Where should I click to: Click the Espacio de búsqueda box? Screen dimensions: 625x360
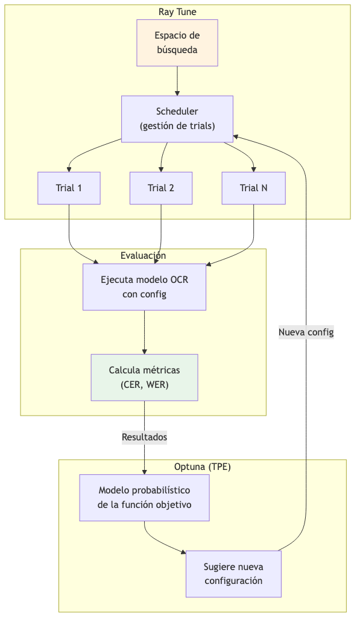click(177, 43)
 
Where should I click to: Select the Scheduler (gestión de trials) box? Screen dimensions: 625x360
click(177, 119)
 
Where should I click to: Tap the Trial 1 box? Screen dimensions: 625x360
click(69, 188)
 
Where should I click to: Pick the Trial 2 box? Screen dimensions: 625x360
click(161, 188)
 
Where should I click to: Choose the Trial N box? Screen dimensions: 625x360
click(253, 188)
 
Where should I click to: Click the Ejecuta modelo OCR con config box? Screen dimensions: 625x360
click(144, 287)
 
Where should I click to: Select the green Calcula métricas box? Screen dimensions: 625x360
click(144, 377)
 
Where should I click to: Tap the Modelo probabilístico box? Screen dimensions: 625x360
click(144, 497)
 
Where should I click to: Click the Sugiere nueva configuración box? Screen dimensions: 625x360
click(233, 574)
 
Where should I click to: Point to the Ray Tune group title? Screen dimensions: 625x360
click(177, 12)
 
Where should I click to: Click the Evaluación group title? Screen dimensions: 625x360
click(144, 256)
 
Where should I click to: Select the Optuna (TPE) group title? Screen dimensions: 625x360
click(202, 466)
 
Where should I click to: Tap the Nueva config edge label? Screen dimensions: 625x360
click(306, 332)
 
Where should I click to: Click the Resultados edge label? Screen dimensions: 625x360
click(144, 437)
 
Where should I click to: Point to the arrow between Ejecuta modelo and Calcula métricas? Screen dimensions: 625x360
click(144, 332)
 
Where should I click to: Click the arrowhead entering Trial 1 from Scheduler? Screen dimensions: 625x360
click(69, 168)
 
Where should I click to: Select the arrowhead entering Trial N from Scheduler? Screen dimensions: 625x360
click(253, 168)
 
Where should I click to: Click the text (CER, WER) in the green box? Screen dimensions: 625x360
click(144, 385)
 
